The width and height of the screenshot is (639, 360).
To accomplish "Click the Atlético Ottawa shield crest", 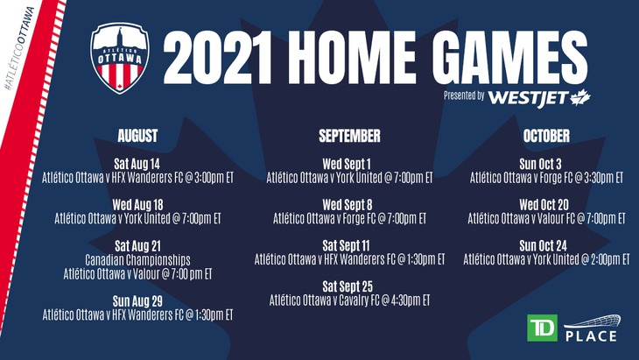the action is [x=119, y=58].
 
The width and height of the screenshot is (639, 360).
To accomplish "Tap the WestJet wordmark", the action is [x=528, y=98].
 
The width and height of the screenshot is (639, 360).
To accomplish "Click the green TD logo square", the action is [x=542, y=328].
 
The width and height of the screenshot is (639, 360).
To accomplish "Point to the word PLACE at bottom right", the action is [x=591, y=336].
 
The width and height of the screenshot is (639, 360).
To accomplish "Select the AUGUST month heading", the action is [x=137, y=136].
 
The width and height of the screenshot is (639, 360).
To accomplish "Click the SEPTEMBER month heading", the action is [x=349, y=136].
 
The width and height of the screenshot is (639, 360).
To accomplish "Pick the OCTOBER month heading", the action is [x=546, y=136].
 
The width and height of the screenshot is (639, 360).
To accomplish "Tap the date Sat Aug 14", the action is [x=137, y=164].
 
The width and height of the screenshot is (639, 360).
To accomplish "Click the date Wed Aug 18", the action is [x=137, y=205].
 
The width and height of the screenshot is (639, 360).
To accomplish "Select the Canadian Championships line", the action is [x=137, y=259].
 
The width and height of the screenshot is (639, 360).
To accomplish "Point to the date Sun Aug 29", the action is [x=137, y=301].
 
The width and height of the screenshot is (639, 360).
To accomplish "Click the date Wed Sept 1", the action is [x=347, y=164].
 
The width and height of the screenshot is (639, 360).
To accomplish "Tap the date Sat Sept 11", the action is [x=347, y=245].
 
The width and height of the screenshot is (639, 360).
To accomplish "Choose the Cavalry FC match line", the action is [x=349, y=300].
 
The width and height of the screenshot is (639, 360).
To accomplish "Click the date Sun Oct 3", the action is [x=540, y=164].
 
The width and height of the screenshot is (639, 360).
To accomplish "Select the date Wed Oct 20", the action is [x=544, y=205].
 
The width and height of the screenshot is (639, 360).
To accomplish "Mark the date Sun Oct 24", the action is [x=544, y=245].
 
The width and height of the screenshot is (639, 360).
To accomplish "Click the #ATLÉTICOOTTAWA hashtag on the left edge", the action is [x=18, y=48].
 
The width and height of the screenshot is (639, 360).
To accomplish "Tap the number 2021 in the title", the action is [x=218, y=58].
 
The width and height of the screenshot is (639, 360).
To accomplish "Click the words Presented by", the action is [x=464, y=95].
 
